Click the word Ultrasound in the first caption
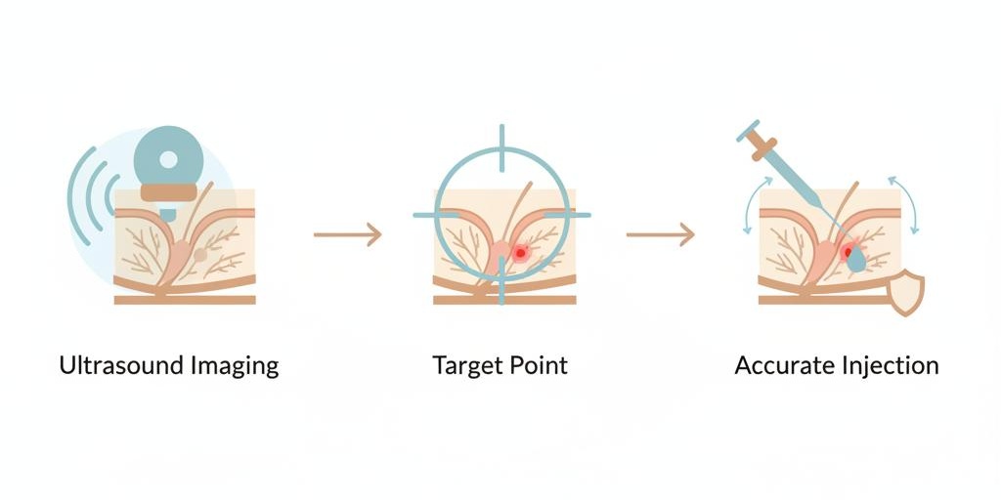pos(121,365)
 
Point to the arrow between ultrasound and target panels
pos(347,234)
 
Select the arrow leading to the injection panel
pos(660,234)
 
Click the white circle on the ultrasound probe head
pos(168,159)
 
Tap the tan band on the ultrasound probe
pos(168,192)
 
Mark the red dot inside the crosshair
pos(520,253)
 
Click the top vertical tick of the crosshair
pos(501,148)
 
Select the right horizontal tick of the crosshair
pos(566,215)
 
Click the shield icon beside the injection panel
pos(906,292)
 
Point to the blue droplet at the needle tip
pos(856,258)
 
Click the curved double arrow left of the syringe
pos(755,206)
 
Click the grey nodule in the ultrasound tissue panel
pos(200,255)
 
